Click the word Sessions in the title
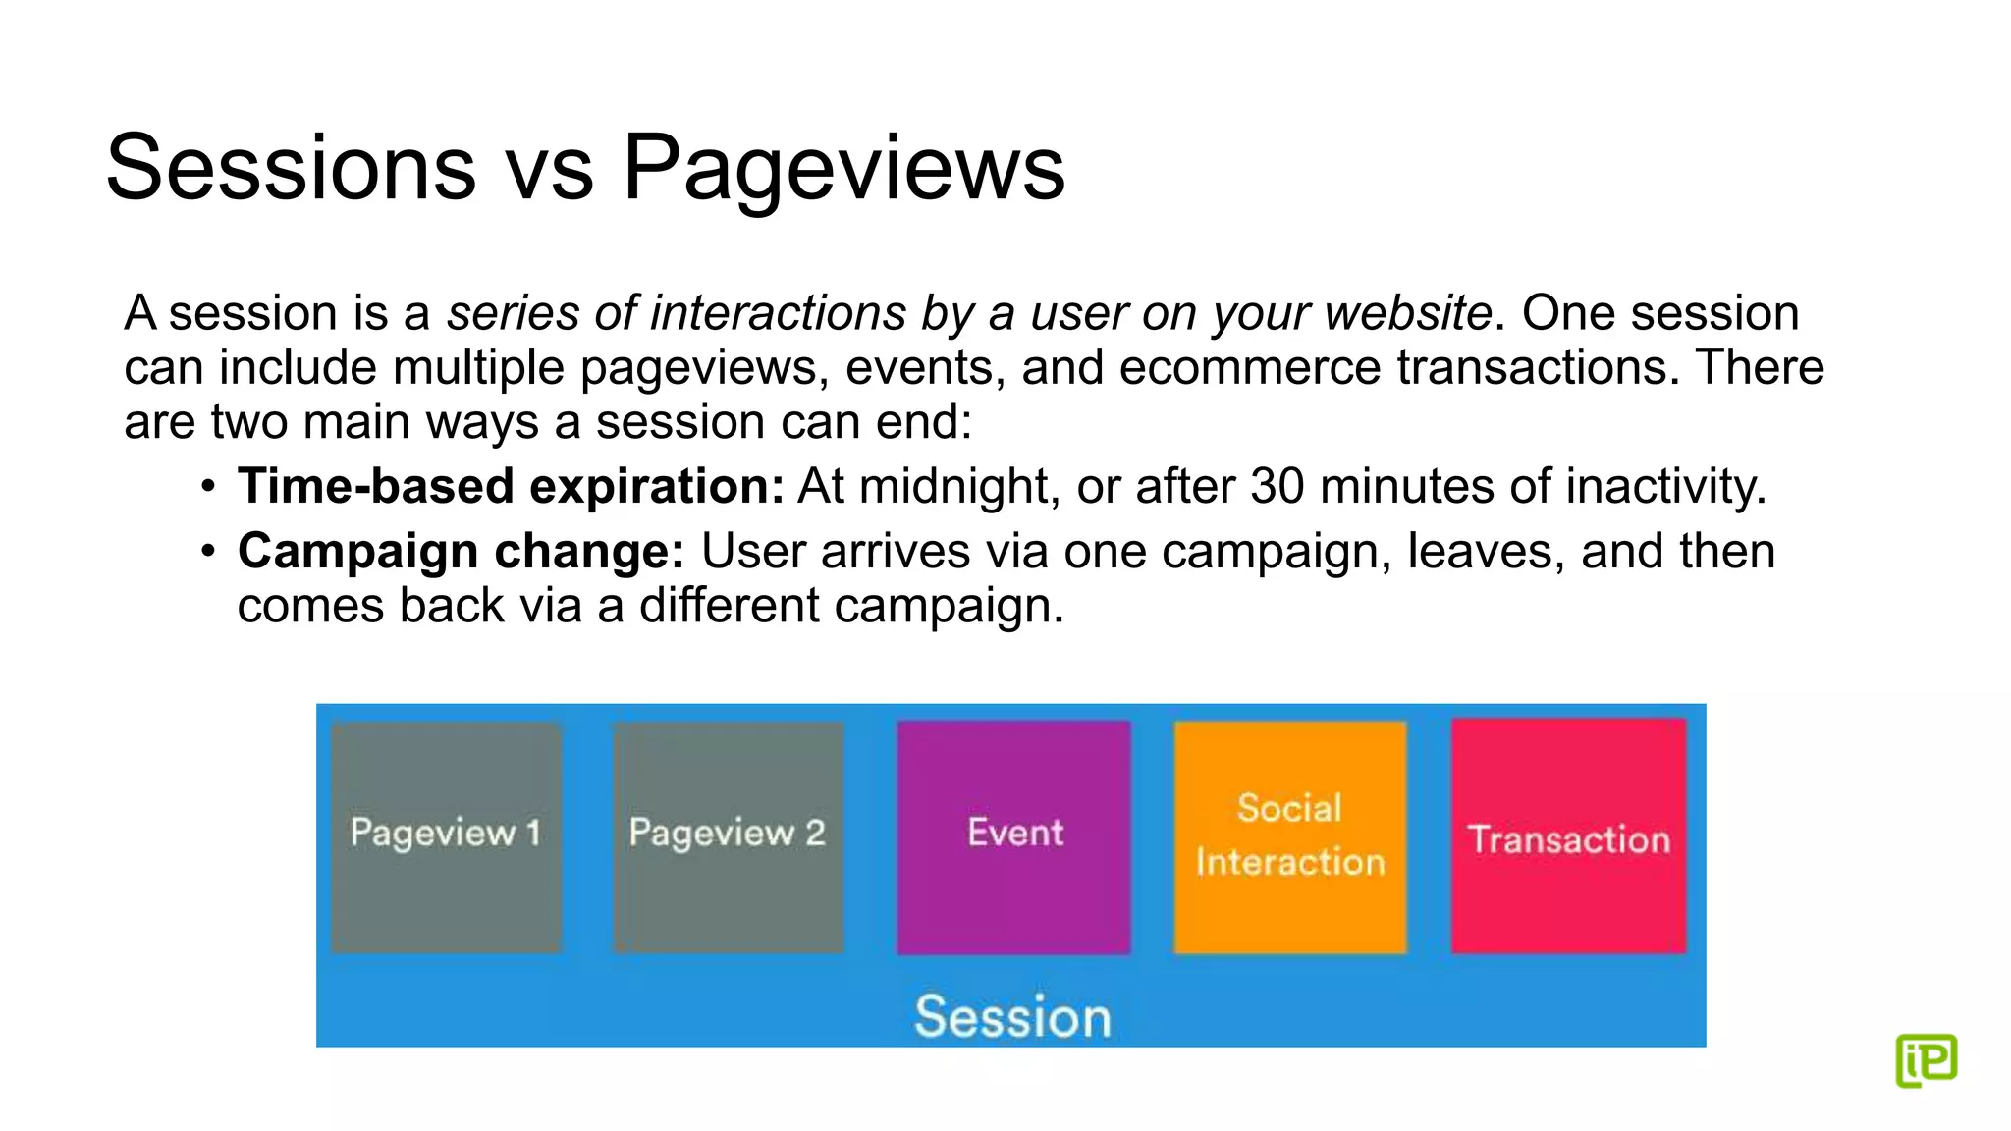tap(291, 168)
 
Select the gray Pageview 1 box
tap(446, 837)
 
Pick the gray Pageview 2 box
tap(728, 837)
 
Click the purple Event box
tap(1013, 837)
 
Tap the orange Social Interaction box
tap(1289, 837)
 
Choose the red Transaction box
tap(1568, 837)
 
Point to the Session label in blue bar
tap(1012, 1016)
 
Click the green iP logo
tap(1926, 1059)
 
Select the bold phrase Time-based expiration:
tap(511, 486)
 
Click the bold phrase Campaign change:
tap(461, 551)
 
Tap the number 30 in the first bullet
tap(1277, 486)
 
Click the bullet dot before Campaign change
tap(207, 552)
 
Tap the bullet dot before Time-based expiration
tap(207, 487)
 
